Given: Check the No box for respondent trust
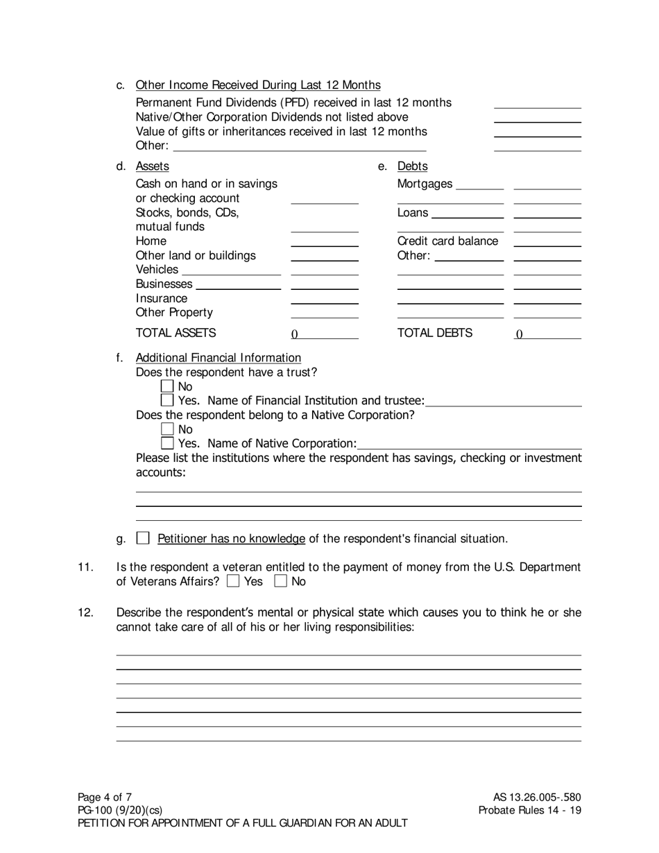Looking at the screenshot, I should (x=167, y=386).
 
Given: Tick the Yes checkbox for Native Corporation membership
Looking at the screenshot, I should (x=167, y=443).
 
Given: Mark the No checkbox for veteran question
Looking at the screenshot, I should (x=281, y=582).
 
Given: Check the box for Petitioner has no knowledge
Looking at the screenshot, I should (x=143, y=538).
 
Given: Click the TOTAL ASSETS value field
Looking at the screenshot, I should (x=324, y=334).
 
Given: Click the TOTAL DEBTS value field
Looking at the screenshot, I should (x=547, y=334).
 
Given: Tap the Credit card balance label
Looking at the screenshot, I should (x=447, y=241).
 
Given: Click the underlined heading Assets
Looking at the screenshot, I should (x=152, y=166).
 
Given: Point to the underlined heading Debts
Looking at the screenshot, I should (x=412, y=166).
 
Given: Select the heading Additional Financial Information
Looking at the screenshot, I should (x=219, y=358).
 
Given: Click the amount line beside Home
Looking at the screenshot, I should (x=324, y=242).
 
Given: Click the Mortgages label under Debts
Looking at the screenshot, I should (x=425, y=184).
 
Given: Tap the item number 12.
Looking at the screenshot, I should (x=85, y=612).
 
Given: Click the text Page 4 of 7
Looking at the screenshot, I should (x=105, y=797).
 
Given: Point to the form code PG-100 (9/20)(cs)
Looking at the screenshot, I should (x=121, y=810).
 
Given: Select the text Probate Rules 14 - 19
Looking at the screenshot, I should (x=530, y=810).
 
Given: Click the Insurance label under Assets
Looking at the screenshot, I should (x=162, y=299).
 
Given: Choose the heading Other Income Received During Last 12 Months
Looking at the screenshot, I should (x=258, y=85).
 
